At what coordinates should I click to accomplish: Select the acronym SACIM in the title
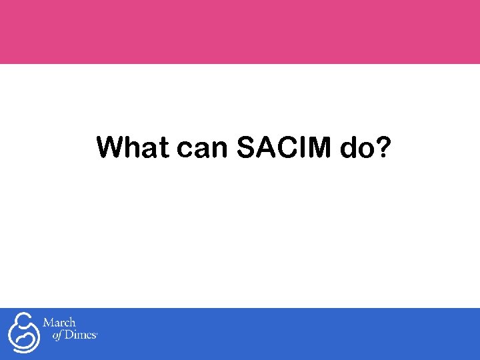(x=283, y=148)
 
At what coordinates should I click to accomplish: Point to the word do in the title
(x=355, y=148)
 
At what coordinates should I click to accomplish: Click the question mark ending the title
(x=382, y=147)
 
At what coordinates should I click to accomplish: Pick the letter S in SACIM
(x=246, y=148)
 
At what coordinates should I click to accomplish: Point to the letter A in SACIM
(x=264, y=148)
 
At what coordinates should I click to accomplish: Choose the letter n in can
(x=218, y=151)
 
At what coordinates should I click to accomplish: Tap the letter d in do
(x=347, y=148)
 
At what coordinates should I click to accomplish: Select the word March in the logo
(x=59, y=323)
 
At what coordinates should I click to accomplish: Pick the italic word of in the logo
(x=57, y=336)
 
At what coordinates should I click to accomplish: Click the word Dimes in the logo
(x=80, y=336)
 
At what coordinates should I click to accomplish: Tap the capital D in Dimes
(x=69, y=336)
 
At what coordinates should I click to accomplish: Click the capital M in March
(x=49, y=323)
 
